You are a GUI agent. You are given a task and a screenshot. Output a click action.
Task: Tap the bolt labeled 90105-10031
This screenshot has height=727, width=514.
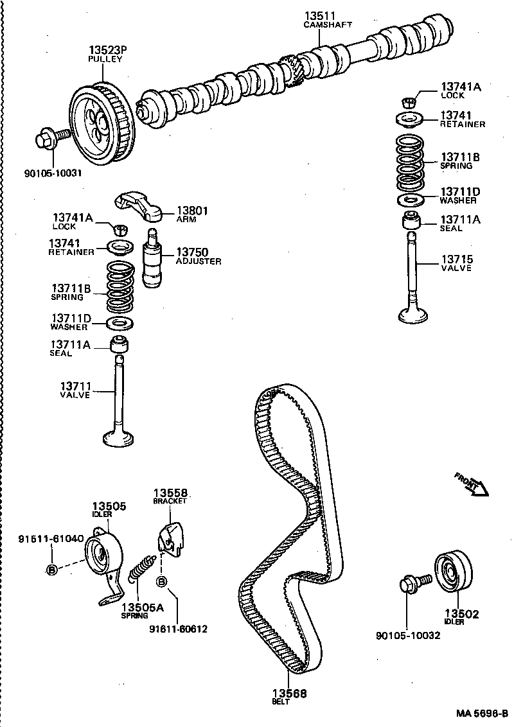click(x=53, y=137)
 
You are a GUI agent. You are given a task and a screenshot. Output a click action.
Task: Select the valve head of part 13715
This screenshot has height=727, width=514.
click(x=416, y=315)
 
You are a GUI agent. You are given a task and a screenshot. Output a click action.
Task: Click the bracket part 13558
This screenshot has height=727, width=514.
click(x=170, y=539)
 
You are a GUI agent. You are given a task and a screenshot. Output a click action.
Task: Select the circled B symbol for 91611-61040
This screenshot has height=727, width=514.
click(x=53, y=569)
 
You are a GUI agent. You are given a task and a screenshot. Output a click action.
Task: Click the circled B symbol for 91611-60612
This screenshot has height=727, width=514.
click(x=162, y=582)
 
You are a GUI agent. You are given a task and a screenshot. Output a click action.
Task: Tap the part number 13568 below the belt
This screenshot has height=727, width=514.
click(x=288, y=694)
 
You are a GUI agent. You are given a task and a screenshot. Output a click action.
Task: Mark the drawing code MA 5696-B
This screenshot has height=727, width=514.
click(x=482, y=714)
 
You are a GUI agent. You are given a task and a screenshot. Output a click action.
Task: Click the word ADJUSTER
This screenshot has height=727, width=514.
click(x=199, y=261)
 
